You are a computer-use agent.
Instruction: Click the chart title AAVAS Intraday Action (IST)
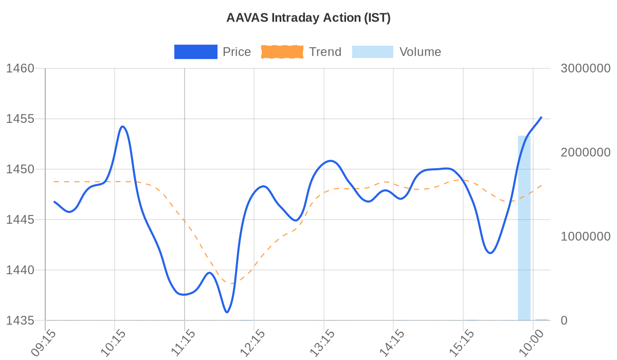(308, 18)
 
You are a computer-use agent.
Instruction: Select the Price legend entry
(212, 52)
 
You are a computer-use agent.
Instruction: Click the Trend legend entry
(301, 52)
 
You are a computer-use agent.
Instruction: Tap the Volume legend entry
(396, 52)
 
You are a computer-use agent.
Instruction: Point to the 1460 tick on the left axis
(20, 68)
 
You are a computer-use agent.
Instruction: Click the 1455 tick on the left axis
(20, 119)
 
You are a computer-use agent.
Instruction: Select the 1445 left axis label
(20, 220)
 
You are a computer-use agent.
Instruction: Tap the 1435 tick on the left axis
(20, 320)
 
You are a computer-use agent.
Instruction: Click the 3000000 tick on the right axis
(585, 68)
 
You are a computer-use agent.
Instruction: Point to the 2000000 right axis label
(585, 152)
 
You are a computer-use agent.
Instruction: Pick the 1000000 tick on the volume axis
(585, 237)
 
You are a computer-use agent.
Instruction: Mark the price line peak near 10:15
(122, 127)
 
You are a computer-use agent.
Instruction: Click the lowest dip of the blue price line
(227, 312)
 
